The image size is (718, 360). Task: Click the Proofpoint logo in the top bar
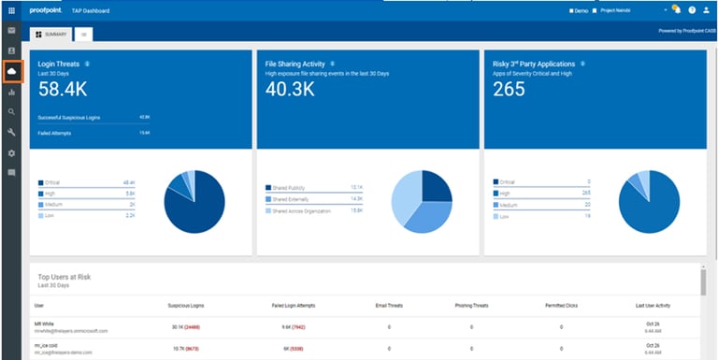46,10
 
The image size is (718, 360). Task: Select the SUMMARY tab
51,34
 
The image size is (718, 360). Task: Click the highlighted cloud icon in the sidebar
12,72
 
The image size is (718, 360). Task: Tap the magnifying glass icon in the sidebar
11,112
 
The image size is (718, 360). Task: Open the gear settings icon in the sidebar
11,152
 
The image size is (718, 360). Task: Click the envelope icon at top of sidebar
11,30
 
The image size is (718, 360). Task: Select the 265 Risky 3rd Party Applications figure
509,89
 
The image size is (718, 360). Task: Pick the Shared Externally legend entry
293,199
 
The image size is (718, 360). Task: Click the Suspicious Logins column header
187,305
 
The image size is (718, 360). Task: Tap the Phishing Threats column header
471,305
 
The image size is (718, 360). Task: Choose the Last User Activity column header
653,305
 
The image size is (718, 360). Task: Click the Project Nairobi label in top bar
619,10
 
